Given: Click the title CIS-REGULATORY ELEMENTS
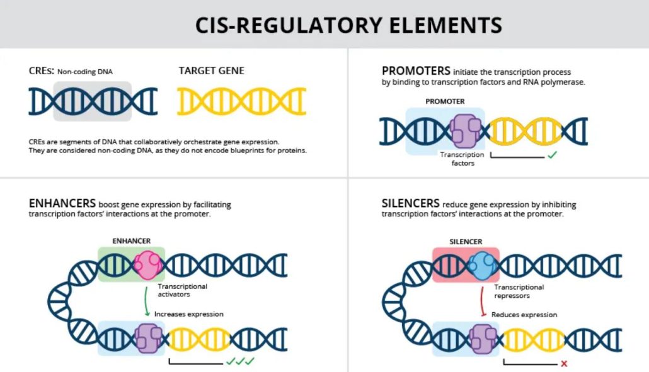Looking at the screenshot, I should point(348,25).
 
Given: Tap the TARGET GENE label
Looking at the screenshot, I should point(211,70).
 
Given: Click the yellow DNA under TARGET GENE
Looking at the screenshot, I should point(241,101).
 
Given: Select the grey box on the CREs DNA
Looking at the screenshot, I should point(92,101).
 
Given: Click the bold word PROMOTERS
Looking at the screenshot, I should point(416,70).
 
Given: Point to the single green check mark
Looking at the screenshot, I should point(552,155).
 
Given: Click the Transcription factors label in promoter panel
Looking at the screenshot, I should point(462,159).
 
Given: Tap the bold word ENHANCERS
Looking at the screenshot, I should point(62,204).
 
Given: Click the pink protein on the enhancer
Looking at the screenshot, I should point(148,265).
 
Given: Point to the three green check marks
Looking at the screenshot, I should point(239,361).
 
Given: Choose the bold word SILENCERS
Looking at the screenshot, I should point(410,204).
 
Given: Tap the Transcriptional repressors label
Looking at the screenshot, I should point(519,291).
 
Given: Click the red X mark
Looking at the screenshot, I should point(564,363).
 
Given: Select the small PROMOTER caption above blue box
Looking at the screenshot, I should point(445,101).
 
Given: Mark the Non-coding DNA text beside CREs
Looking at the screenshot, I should point(86,71).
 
